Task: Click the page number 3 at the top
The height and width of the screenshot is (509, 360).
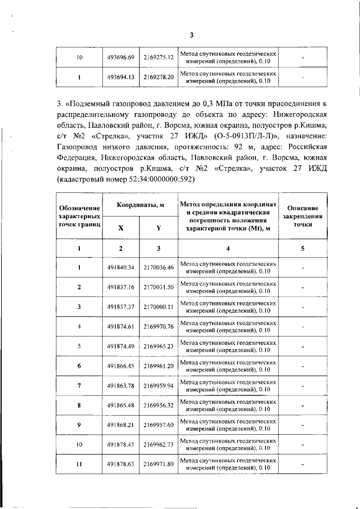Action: point(191,35)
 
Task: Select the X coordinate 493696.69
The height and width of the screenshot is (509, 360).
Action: point(121,57)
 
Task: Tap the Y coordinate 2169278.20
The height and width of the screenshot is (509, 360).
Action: point(158,77)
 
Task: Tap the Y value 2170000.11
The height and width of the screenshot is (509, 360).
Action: point(158,307)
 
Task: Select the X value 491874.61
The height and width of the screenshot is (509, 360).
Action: point(121,326)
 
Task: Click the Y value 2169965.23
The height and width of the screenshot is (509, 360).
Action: point(158,346)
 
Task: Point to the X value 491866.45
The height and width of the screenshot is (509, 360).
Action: point(121,366)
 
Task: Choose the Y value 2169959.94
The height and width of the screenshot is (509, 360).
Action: point(158,386)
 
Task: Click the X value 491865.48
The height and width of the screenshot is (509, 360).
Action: point(121,406)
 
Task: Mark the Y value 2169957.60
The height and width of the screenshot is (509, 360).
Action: point(158,425)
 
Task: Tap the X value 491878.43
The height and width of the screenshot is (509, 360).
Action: point(121,445)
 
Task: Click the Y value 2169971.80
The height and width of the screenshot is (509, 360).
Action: point(158,465)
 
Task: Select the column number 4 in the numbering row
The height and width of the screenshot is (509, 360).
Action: point(228,248)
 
